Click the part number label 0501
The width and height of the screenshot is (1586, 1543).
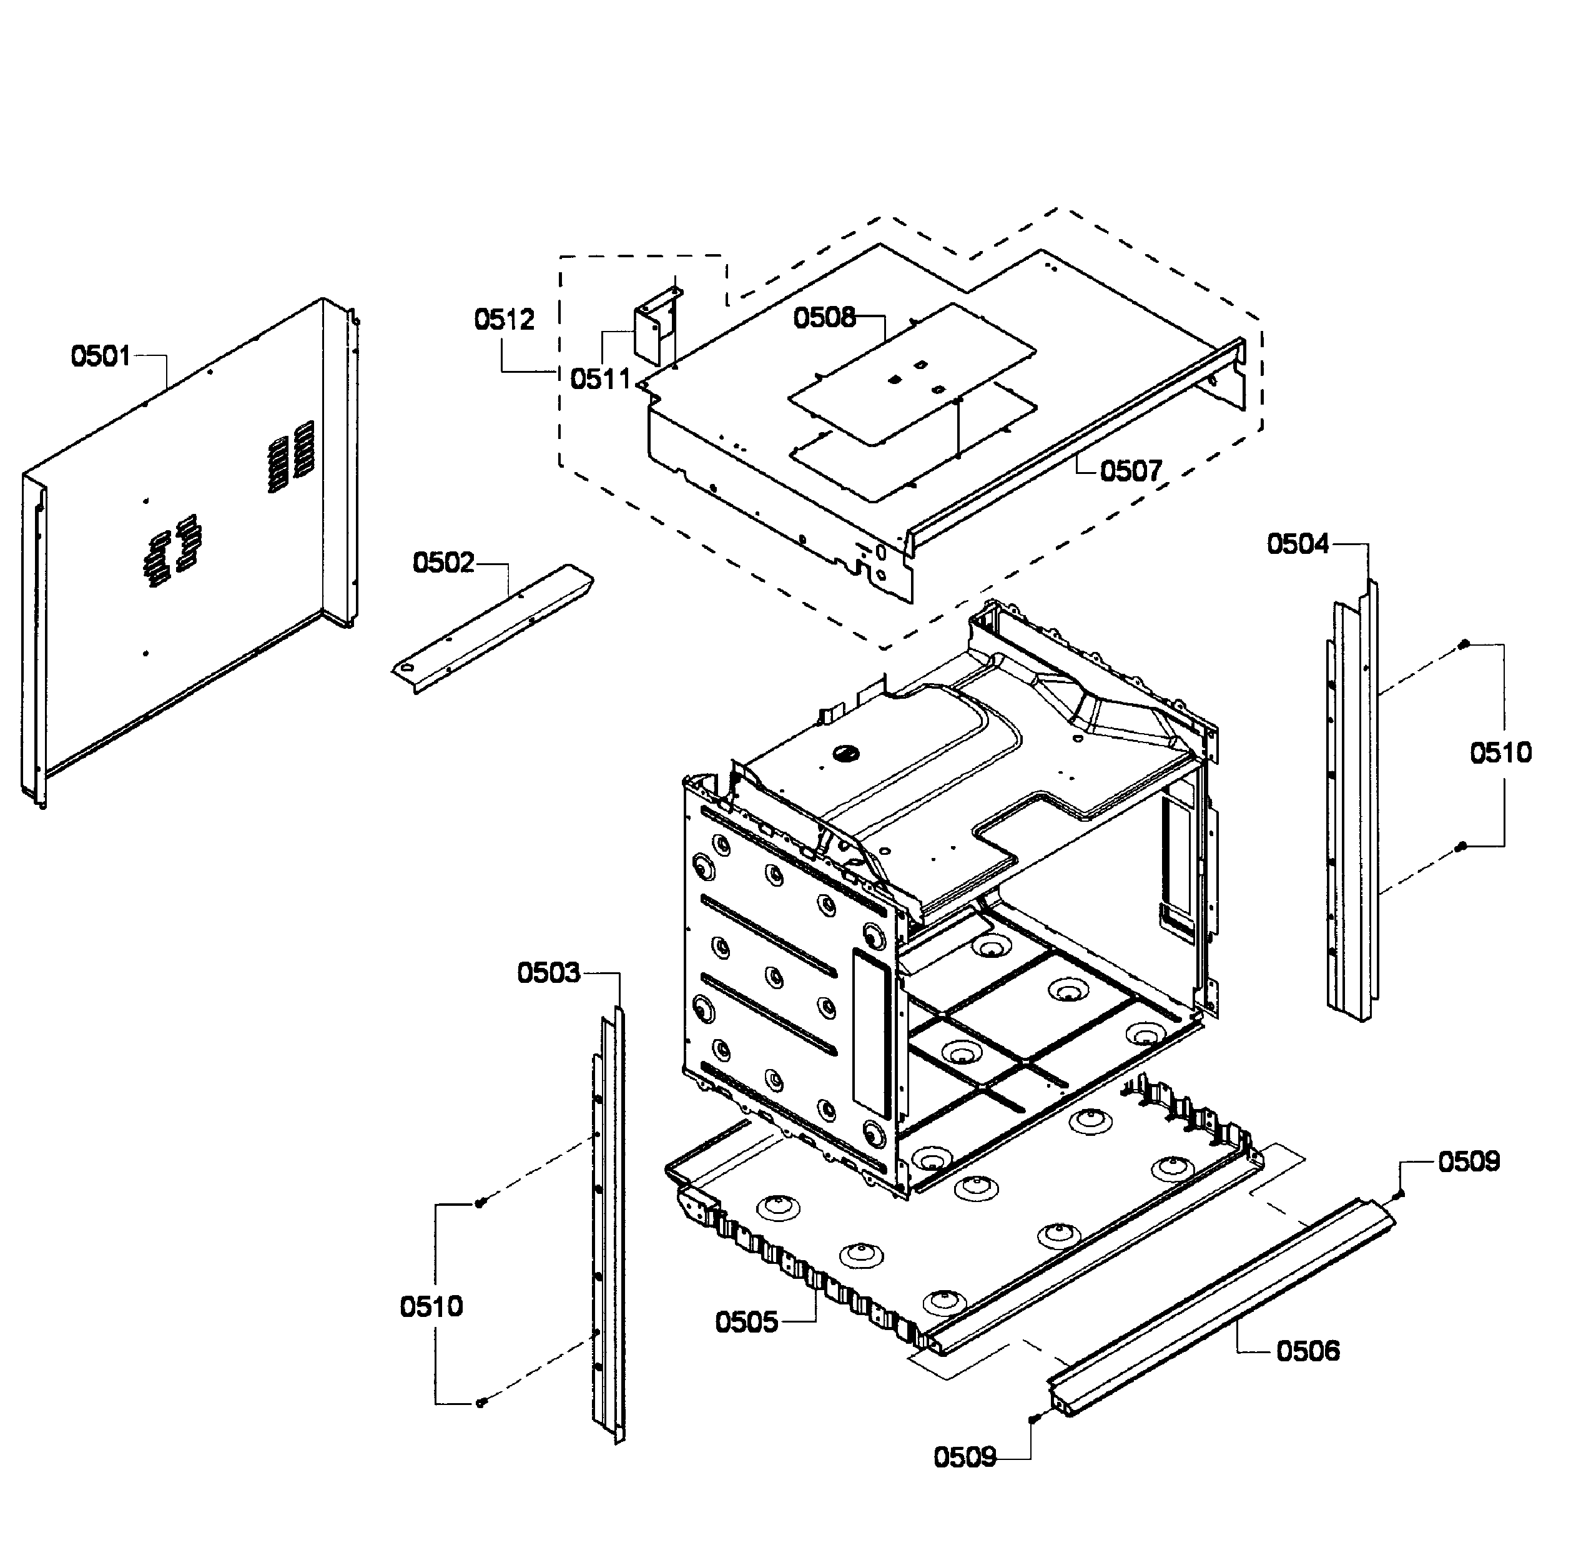point(101,356)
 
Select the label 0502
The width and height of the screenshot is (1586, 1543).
point(443,563)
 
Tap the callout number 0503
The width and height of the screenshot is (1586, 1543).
point(549,972)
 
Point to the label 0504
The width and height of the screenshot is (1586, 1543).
point(1298,544)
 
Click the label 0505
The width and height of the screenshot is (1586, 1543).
point(746,1323)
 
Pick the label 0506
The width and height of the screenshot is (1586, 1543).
point(1308,1351)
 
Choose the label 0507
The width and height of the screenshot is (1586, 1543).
point(1131,471)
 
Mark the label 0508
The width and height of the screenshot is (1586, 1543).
point(824,318)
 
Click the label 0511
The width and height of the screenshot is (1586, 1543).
point(599,378)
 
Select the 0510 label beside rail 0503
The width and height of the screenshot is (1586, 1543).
point(431,1306)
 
